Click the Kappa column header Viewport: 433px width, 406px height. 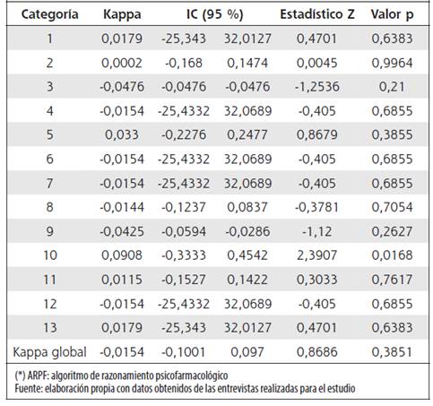click(x=122, y=14)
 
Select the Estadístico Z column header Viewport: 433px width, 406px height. click(x=317, y=14)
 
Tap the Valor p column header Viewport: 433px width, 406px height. click(x=392, y=14)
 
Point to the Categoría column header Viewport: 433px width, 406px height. click(x=49, y=14)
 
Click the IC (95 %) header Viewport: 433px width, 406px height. click(x=214, y=14)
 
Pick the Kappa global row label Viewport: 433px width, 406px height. click(x=49, y=352)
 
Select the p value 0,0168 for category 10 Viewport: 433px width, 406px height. click(x=392, y=255)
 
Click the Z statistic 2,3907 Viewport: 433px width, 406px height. click(x=316, y=255)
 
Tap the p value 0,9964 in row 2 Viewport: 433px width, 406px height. click(x=392, y=63)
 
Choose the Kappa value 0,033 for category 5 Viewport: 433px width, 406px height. click(x=122, y=135)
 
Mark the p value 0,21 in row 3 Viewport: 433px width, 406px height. click(x=392, y=87)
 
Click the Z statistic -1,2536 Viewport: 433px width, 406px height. click(x=316, y=87)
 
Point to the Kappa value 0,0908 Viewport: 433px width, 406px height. click(x=122, y=255)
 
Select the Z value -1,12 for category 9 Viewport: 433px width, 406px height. click(x=316, y=231)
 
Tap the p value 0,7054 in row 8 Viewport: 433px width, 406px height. click(x=392, y=207)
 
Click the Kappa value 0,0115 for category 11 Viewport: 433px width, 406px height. click(x=122, y=280)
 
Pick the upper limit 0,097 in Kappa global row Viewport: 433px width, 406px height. click(x=247, y=352)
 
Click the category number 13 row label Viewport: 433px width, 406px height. click(x=49, y=328)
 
